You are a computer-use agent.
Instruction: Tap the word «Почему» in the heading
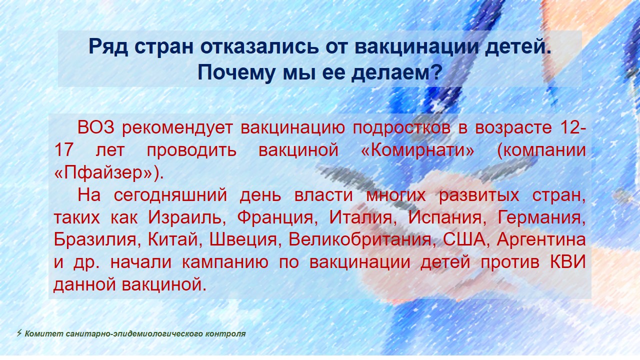[236, 72]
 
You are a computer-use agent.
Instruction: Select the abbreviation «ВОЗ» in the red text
[95, 127]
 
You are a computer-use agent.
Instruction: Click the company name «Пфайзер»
[103, 172]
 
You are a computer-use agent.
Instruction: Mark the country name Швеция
[243, 240]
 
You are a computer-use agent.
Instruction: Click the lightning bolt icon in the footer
[19, 333]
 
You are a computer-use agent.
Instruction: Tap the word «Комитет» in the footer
[44, 333]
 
